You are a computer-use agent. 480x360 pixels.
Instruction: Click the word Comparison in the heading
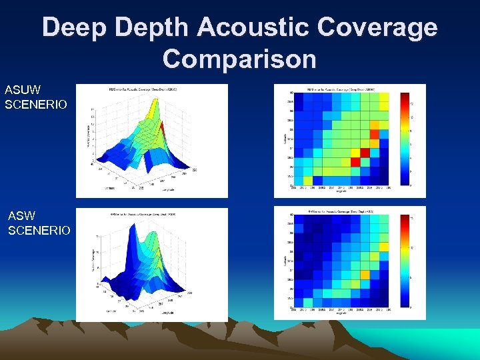[x=239, y=59]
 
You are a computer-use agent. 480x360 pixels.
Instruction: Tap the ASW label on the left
[x=22, y=216]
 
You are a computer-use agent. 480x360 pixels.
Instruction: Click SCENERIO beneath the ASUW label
[x=36, y=105]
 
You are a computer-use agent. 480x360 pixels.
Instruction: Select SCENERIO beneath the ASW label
[x=39, y=231]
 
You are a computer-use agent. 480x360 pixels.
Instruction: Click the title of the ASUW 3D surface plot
[x=151, y=89]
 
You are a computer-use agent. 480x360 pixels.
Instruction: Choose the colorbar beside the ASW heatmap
[x=404, y=261]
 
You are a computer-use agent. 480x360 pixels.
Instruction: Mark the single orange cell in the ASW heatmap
[x=365, y=275]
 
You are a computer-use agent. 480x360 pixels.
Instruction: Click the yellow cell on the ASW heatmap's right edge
[x=385, y=247]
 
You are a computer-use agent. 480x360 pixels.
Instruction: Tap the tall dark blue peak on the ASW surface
[x=141, y=247]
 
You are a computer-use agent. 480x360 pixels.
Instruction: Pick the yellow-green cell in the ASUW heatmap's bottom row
[x=307, y=180]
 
